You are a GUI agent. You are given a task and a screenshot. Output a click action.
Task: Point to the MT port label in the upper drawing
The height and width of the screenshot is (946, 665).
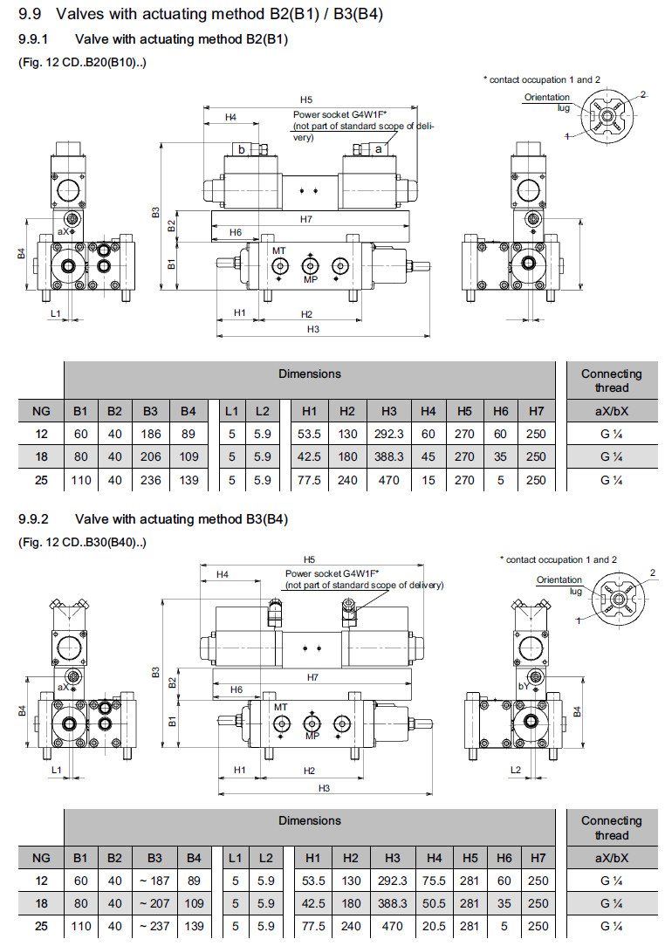pos(278,250)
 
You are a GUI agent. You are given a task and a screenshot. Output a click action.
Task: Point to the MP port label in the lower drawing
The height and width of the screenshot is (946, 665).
pos(312,736)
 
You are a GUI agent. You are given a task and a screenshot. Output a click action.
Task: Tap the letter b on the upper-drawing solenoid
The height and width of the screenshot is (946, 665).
pos(242,150)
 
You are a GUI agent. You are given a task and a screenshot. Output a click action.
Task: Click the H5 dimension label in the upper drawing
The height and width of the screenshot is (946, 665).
pos(306,100)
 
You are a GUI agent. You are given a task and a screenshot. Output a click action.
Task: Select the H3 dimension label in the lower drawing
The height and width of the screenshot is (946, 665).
pos(324,788)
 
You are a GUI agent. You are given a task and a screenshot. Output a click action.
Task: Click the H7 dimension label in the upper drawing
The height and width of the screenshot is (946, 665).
pos(306,219)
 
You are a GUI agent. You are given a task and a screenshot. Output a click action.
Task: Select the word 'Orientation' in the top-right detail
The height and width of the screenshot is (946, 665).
pos(547,98)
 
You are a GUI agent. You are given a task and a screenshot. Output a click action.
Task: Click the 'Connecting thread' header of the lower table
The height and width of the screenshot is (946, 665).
pos(611,827)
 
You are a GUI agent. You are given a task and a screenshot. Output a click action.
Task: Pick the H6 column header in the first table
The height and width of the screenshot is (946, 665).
pos(500,411)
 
